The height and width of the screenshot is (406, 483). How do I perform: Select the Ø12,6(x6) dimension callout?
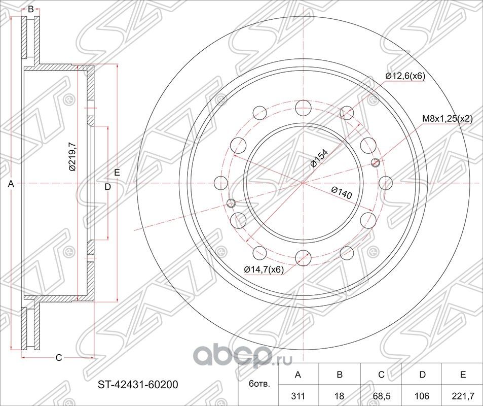(404, 76)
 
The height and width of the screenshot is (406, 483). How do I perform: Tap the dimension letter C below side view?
(58, 358)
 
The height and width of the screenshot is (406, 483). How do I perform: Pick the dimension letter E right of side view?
(117, 173)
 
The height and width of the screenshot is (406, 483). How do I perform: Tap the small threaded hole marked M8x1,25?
(376, 162)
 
